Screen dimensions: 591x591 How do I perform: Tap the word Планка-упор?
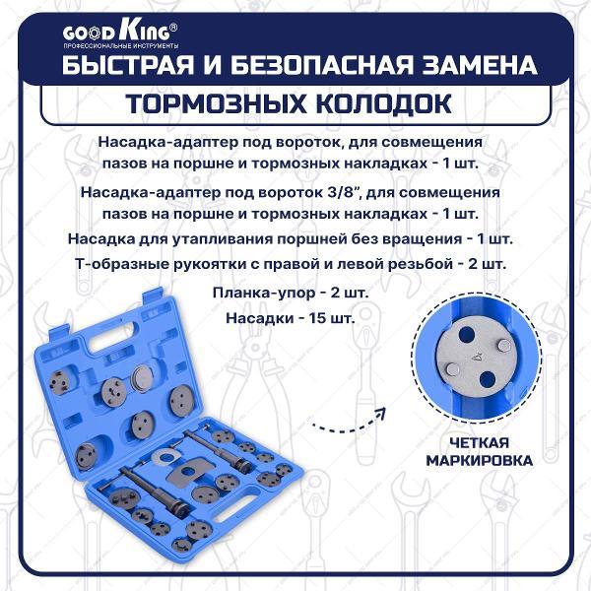[x=257, y=295]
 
